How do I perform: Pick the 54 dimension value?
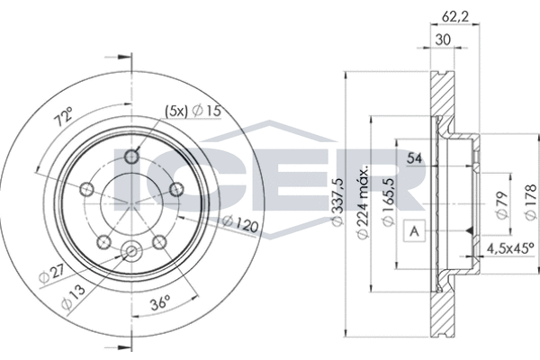[416, 159]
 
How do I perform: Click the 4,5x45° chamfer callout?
[509, 250]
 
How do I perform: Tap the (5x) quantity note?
[176, 111]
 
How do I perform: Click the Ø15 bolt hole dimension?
[209, 111]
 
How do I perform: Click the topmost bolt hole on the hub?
[133, 155]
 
